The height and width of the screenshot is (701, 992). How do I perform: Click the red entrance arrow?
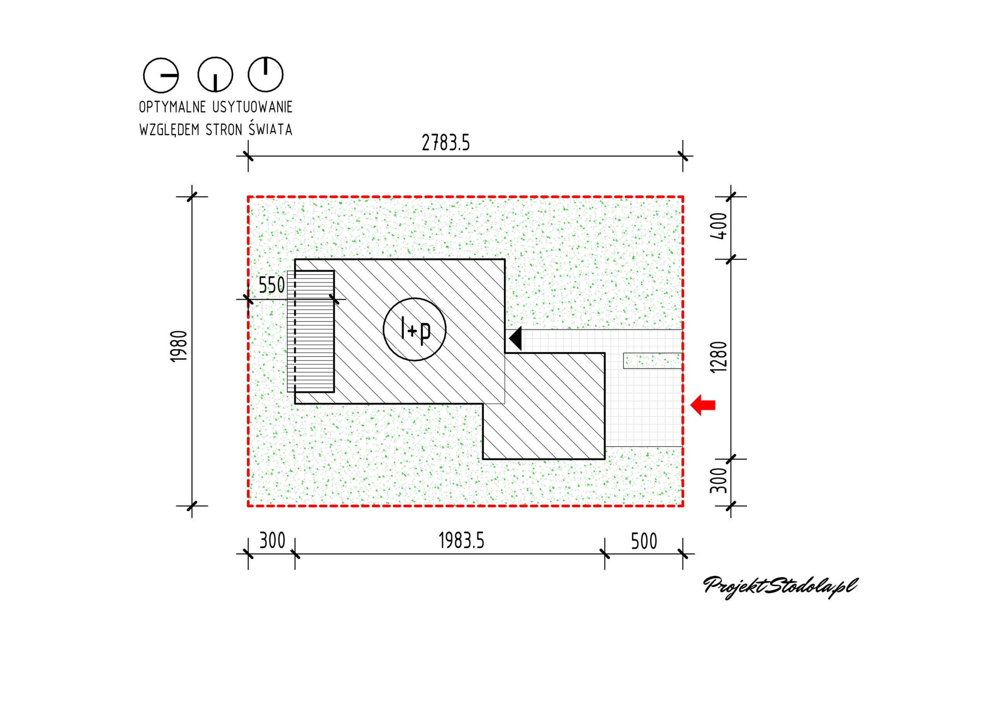(x=703, y=405)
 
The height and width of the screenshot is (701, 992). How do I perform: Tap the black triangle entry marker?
(x=516, y=338)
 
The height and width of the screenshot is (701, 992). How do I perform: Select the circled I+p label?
(x=414, y=329)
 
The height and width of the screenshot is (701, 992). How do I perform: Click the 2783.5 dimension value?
(x=446, y=143)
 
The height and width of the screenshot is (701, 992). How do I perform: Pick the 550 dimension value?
(x=272, y=285)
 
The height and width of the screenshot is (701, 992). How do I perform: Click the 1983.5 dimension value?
(x=462, y=541)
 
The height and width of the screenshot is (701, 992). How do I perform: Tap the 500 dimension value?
(x=644, y=541)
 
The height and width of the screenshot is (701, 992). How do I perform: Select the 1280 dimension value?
(x=718, y=357)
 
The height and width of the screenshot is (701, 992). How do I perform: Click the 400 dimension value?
(x=718, y=226)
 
